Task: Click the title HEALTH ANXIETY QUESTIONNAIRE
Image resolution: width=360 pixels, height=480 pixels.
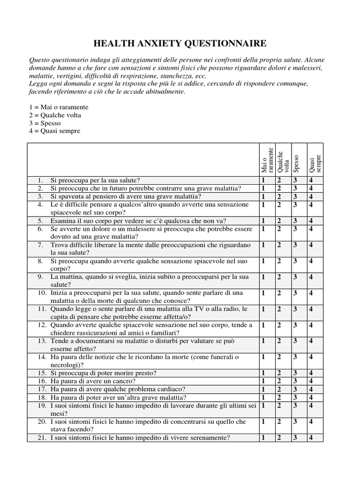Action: pos(180,44)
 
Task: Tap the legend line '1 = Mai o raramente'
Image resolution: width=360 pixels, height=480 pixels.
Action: pos(59,107)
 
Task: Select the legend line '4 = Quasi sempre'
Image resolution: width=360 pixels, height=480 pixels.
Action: pos(54,131)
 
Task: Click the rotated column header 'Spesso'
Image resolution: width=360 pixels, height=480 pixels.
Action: pos(296,165)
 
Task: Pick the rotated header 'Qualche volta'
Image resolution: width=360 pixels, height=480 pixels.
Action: pos(283,162)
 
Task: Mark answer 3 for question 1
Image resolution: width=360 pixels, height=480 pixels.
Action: pos(295,180)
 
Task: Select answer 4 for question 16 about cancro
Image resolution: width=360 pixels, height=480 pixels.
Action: pos(311,381)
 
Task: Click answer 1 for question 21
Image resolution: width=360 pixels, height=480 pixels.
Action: pos(263,438)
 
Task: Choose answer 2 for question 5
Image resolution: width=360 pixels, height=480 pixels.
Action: pos(279,221)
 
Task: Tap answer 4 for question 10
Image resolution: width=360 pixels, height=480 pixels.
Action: pos(311,293)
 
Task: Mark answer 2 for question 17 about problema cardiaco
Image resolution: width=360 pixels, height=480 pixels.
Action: pos(279,389)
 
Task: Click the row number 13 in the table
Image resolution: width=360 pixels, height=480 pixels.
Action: pos(42,341)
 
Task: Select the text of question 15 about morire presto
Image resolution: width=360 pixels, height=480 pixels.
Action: pos(103,373)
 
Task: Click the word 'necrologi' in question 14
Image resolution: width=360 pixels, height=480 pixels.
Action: pos(66,365)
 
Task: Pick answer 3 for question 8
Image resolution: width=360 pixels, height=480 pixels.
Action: pos(295,261)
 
